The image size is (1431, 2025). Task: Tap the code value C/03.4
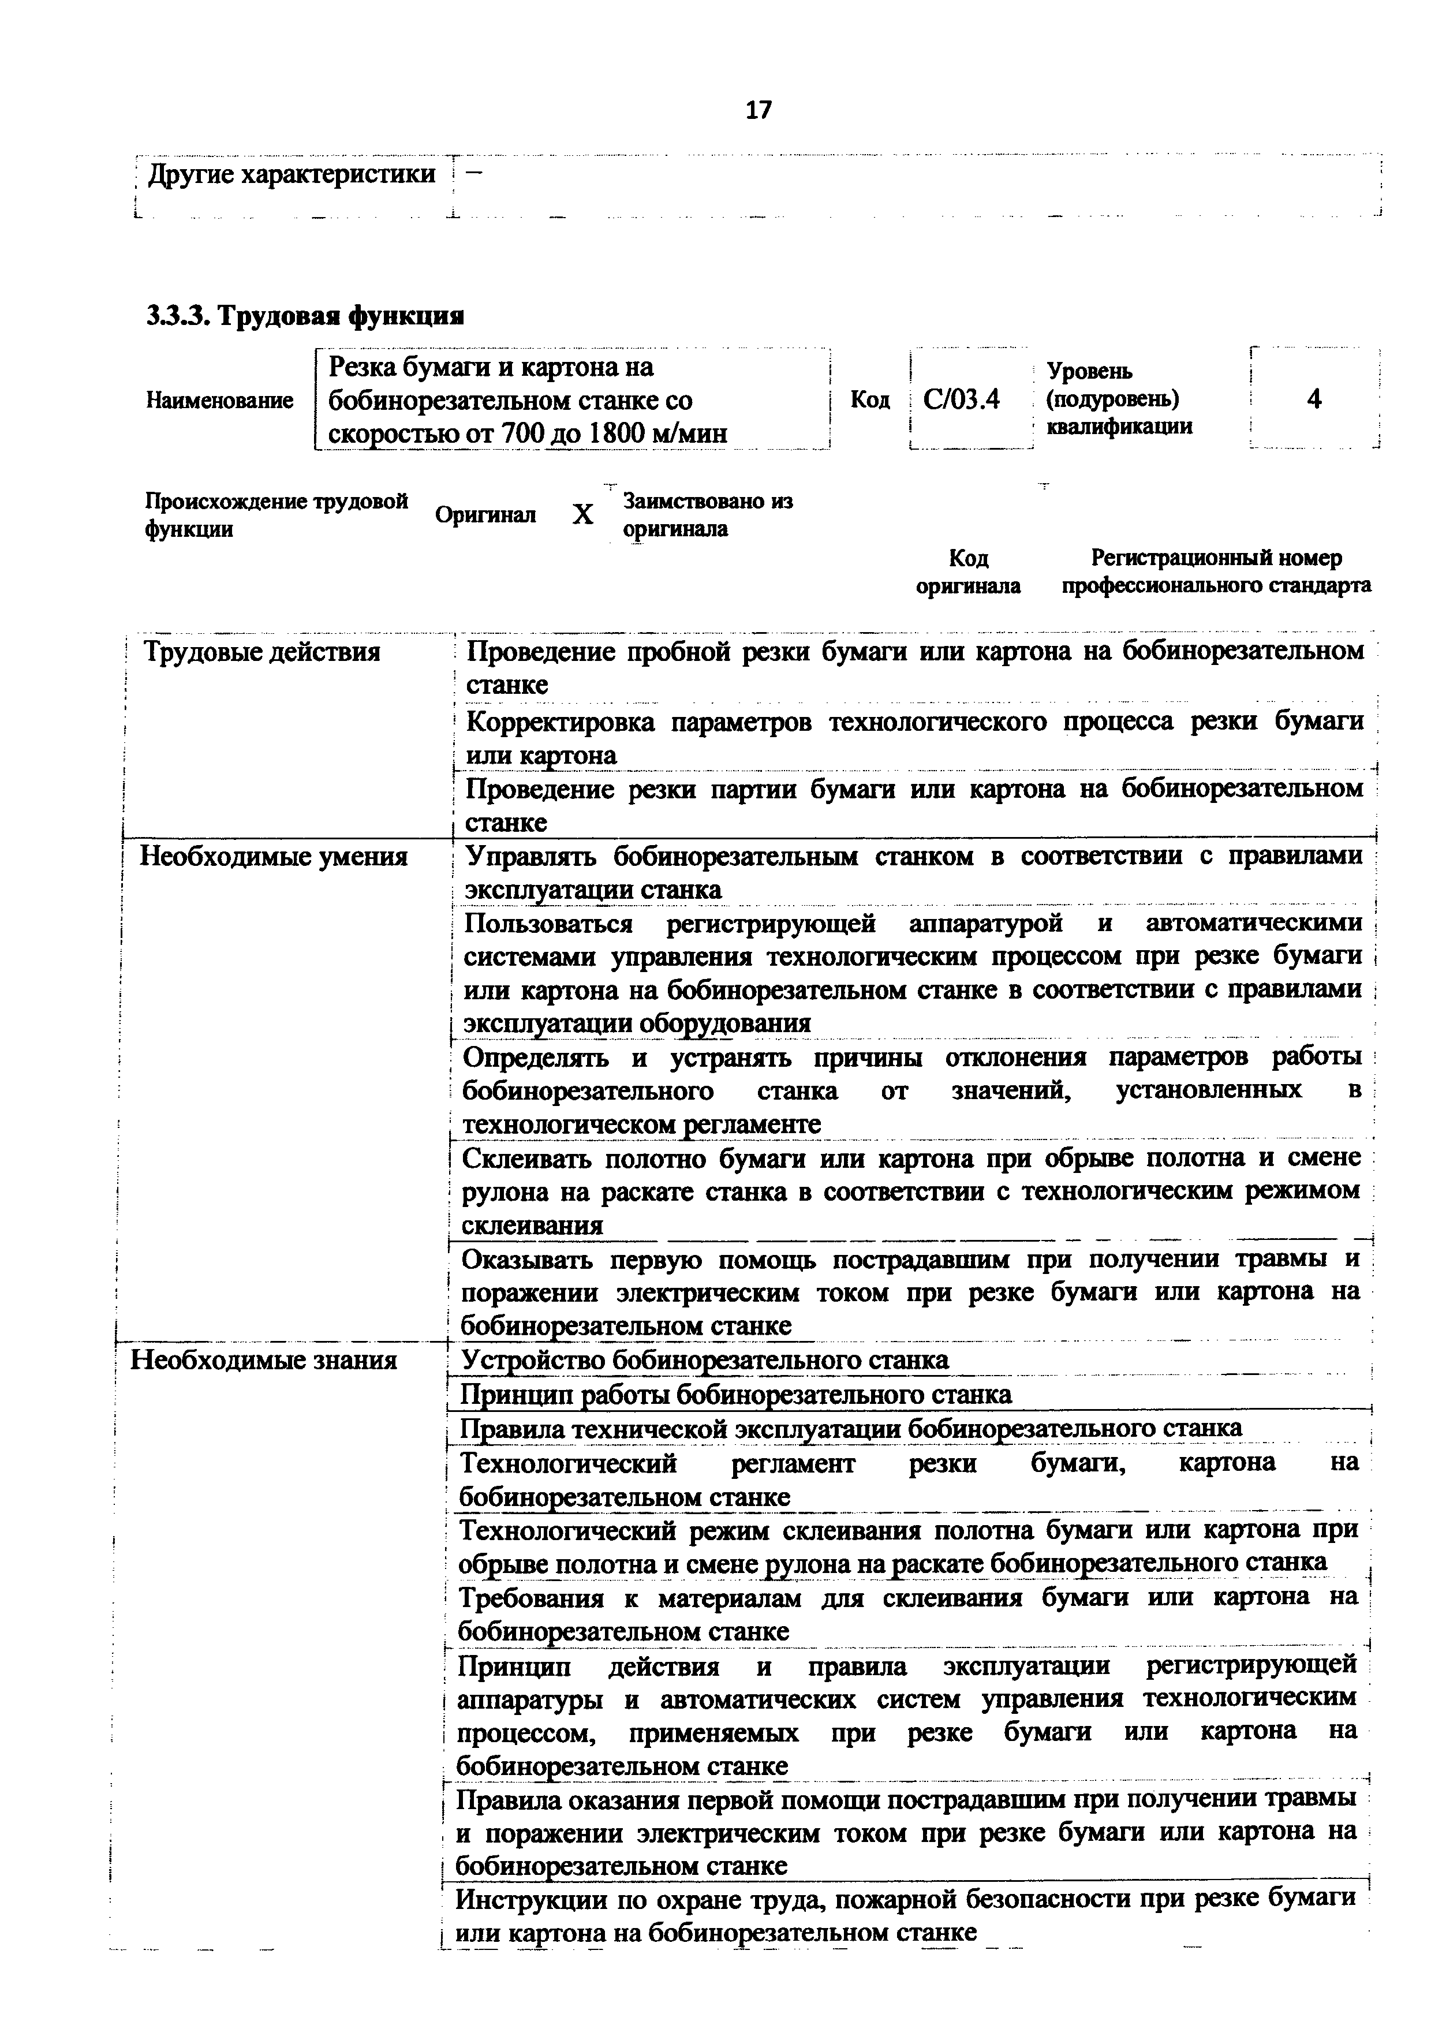click(961, 399)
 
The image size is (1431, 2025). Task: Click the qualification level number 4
click(1314, 399)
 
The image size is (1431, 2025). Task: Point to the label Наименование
click(219, 401)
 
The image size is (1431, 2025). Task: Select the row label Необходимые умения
click(273, 857)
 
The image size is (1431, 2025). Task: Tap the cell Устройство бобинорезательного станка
click(705, 1360)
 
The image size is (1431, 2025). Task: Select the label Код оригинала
click(968, 571)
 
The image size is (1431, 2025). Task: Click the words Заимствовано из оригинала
click(707, 515)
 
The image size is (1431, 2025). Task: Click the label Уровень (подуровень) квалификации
click(1118, 399)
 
